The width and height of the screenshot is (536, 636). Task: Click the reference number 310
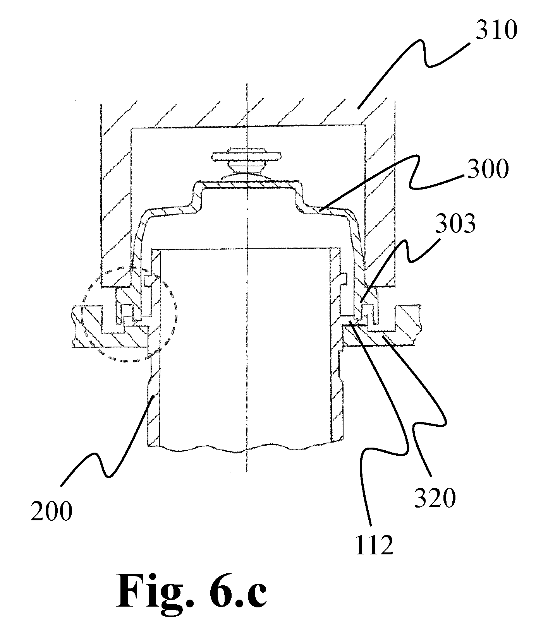496,31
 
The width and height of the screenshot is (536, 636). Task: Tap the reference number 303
454,223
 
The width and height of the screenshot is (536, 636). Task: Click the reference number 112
374,545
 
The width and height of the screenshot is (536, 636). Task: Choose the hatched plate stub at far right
407,325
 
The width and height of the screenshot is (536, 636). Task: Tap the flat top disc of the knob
246,156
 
